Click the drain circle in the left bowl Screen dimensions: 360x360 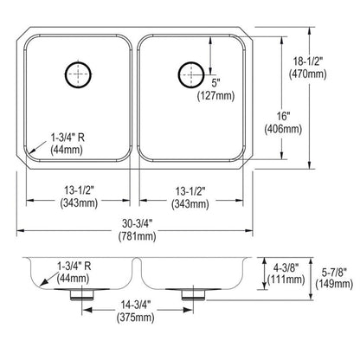click(x=66, y=74)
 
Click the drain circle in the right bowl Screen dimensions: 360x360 click(x=179, y=74)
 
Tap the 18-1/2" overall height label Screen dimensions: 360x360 click(x=307, y=61)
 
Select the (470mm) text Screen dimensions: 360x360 click(x=308, y=74)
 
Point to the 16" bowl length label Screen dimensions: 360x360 click(x=283, y=116)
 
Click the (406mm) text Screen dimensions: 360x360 click(x=283, y=129)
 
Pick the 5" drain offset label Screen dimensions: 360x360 click(x=215, y=83)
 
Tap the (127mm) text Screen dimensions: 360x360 click(x=215, y=95)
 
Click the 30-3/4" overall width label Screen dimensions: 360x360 click(x=137, y=223)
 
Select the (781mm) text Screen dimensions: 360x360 click(x=137, y=236)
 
